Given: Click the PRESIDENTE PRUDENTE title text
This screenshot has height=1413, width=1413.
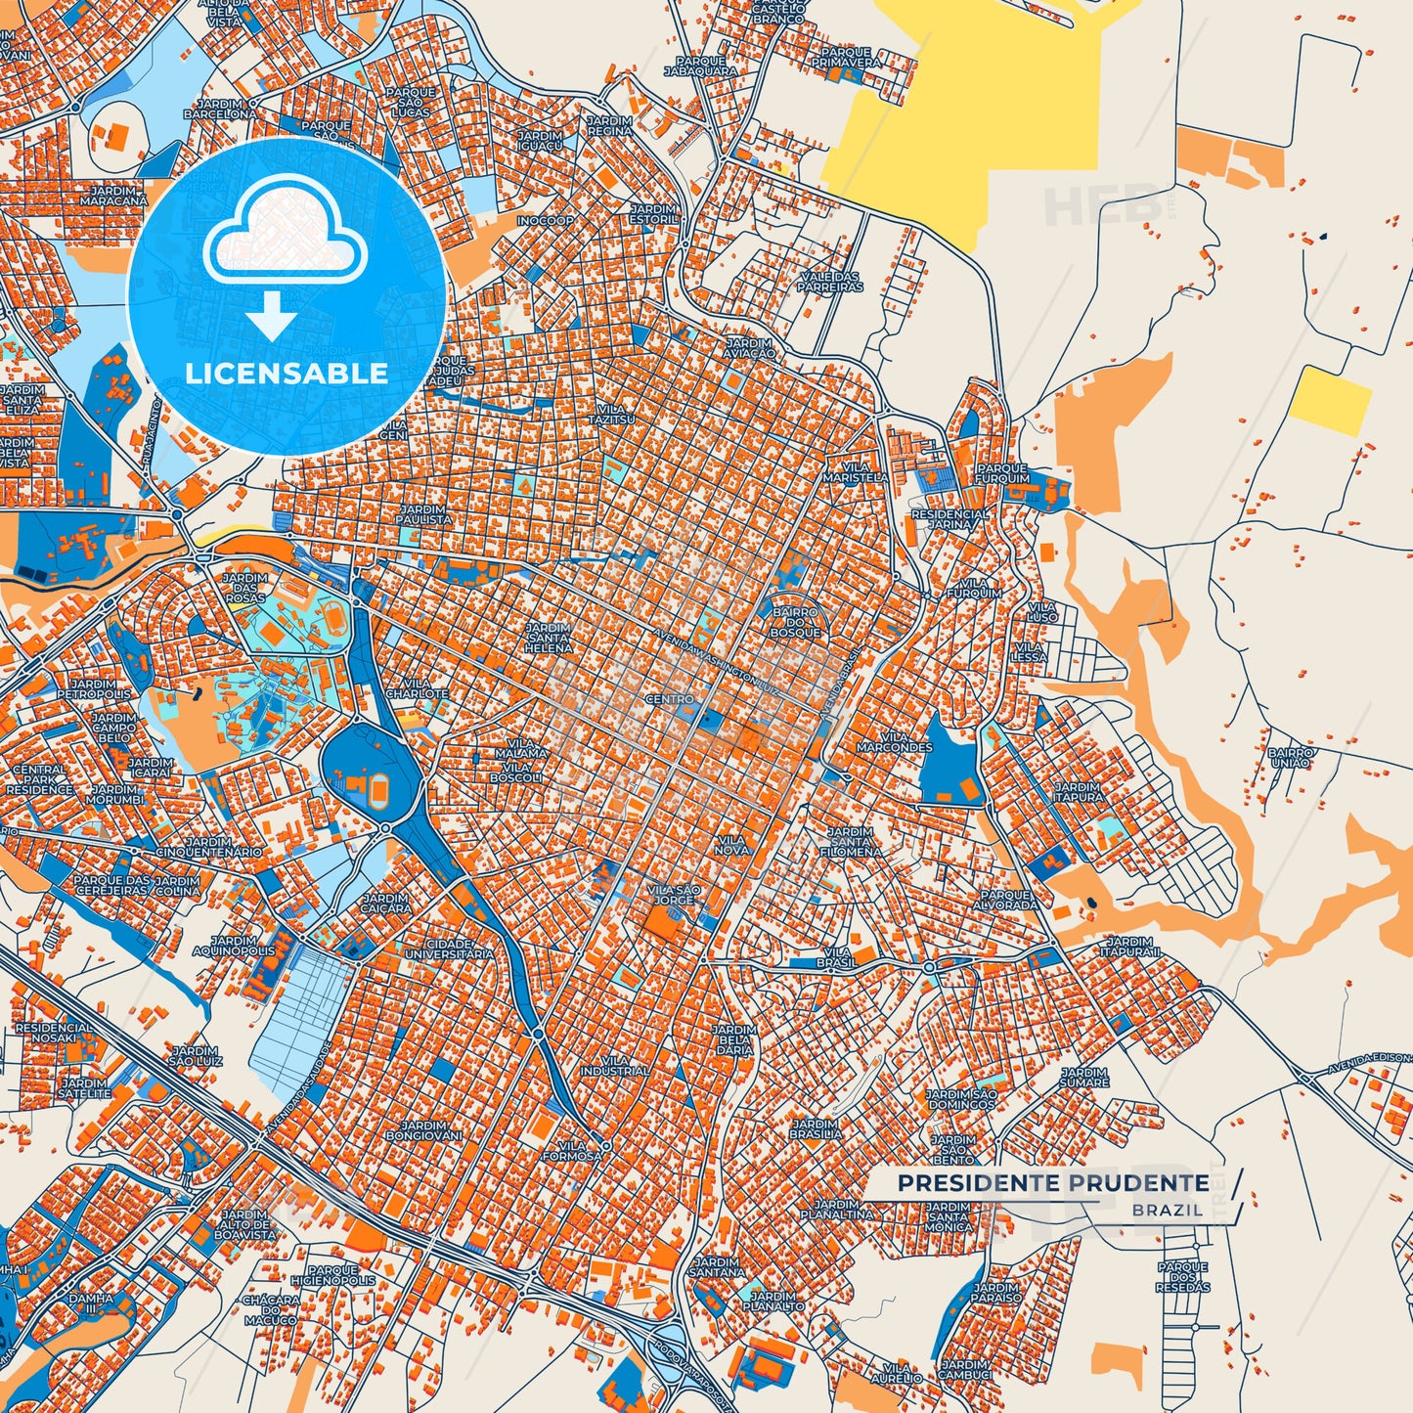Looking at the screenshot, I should (1053, 1183).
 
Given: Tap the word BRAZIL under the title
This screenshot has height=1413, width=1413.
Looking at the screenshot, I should (1169, 1210).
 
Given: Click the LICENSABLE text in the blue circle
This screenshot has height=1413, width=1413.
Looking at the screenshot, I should (287, 373).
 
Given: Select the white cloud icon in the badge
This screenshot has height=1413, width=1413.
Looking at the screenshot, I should (285, 240).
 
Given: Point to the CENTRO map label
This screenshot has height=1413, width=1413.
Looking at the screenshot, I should (670, 700).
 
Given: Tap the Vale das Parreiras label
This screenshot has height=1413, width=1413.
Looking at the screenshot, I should (829, 283).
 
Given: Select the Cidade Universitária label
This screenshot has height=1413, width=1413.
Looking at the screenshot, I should (449, 948).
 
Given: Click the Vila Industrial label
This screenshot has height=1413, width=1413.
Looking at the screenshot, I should (613, 1066).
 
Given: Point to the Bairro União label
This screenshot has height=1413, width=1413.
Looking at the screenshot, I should (1288, 758).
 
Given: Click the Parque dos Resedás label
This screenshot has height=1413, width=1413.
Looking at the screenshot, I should (1182, 1276).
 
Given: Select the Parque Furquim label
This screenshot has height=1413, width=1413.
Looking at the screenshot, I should (1002, 473).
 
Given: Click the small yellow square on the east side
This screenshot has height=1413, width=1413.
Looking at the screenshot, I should (1330, 401).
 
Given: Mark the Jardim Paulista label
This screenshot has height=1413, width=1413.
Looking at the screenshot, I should (424, 514).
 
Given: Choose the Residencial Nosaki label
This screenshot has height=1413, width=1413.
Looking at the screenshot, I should (55, 1035).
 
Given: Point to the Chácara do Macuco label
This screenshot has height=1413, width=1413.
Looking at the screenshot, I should (270, 1309).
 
